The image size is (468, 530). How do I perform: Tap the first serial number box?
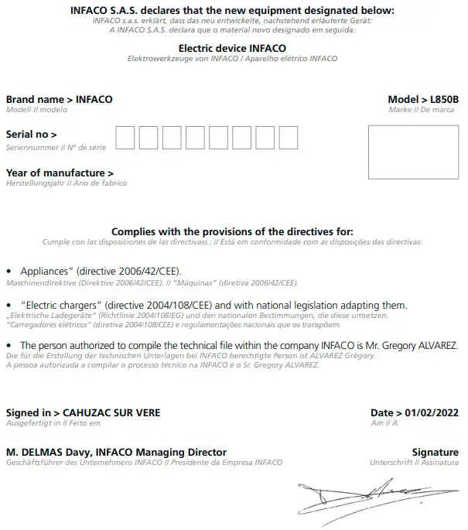[x=125, y=138]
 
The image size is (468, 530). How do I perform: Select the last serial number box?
[x=288, y=138]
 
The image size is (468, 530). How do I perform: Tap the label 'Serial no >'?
[x=31, y=135]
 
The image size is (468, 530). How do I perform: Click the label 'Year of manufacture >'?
[x=60, y=173]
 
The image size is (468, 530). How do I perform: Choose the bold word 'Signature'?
[x=436, y=453]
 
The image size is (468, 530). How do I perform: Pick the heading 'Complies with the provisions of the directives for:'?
[x=232, y=231]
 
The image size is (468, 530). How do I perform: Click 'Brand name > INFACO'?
[x=59, y=100]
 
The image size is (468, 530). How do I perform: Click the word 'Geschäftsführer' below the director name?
[x=29, y=463]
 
